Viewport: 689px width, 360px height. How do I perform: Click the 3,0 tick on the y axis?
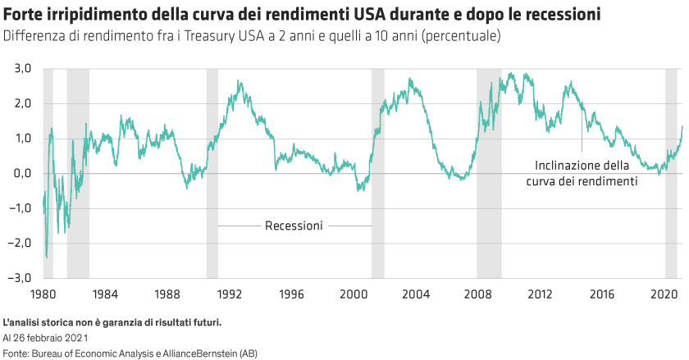(19, 69)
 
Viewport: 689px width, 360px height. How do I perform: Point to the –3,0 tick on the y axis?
(17, 278)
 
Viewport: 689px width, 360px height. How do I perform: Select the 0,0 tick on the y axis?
(19, 174)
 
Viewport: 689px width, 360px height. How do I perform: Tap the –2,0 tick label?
(17, 244)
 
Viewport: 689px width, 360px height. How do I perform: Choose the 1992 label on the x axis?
(228, 293)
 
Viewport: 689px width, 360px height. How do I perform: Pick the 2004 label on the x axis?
(415, 293)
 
